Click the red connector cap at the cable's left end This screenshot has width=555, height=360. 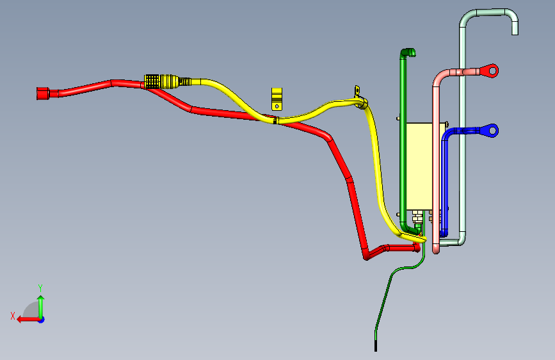(x=42, y=93)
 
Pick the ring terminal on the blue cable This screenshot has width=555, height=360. (x=491, y=131)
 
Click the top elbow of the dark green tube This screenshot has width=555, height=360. (x=407, y=53)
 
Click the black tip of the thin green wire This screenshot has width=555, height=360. (x=375, y=346)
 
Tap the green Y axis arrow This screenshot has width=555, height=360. (x=40, y=304)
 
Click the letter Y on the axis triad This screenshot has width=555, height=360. (x=40, y=288)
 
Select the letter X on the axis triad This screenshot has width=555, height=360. (x=12, y=315)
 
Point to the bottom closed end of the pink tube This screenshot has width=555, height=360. (x=436, y=250)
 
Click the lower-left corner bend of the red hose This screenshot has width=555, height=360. (x=367, y=254)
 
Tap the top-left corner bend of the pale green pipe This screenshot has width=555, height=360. (x=466, y=17)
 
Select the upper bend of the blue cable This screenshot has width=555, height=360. (x=448, y=135)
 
